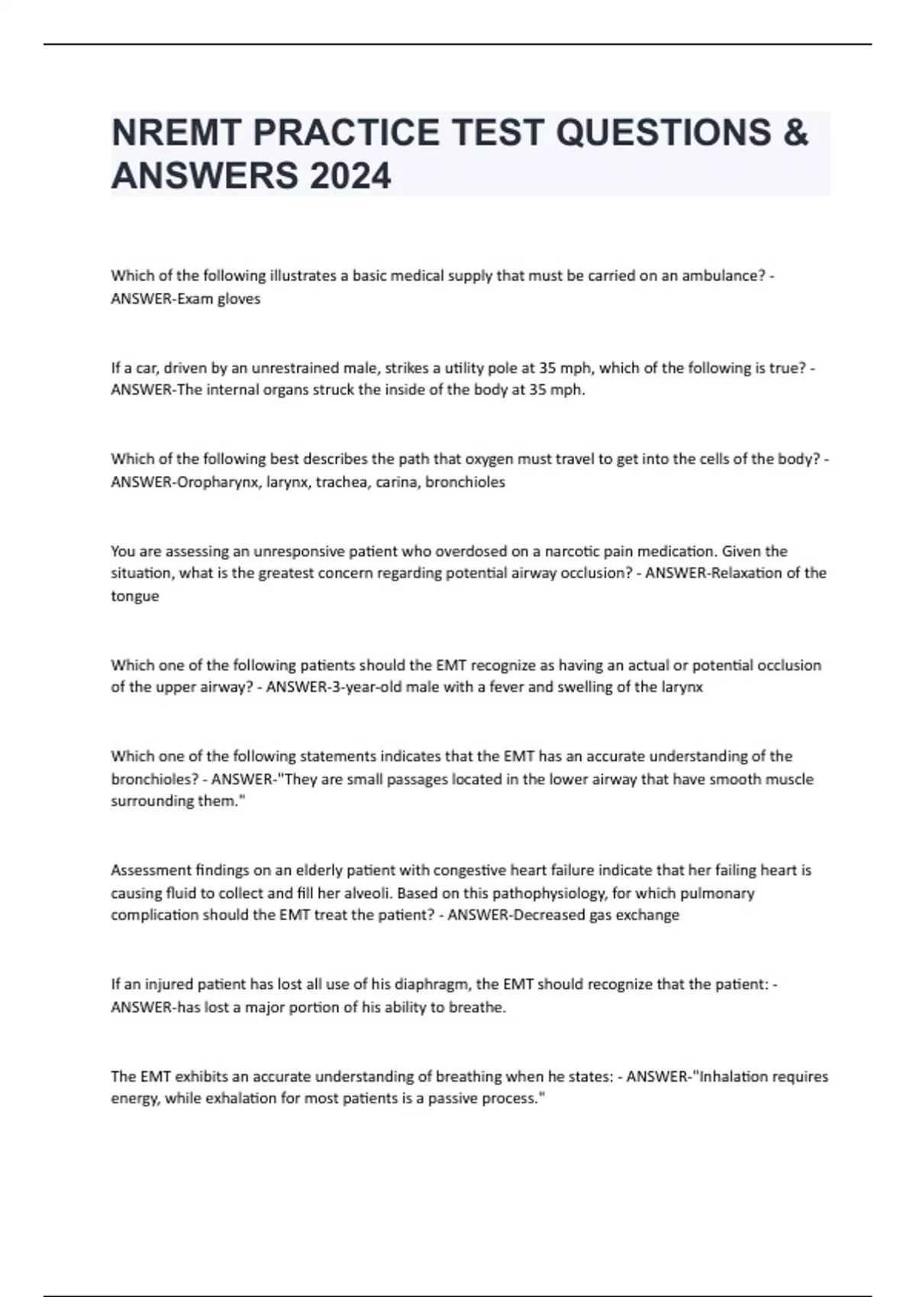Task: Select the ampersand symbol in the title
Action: click(795, 133)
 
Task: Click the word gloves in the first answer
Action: click(239, 299)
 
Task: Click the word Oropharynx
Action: click(221, 482)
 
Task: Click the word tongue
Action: click(135, 597)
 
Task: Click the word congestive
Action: click(469, 871)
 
